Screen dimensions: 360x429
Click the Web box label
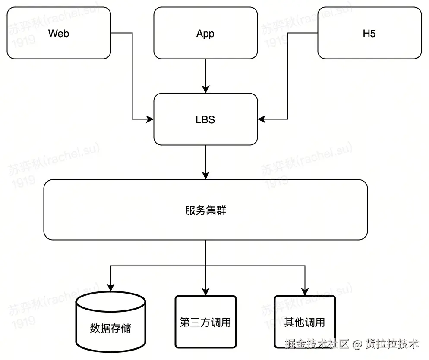coord(58,34)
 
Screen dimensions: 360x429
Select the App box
coord(205,34)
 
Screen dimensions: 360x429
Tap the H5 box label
coord(369,34)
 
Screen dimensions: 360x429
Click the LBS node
coord(205,119)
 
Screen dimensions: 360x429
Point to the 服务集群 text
coord(205,210)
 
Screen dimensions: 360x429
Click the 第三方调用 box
coord(205,322)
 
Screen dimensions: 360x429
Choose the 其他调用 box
coord(305,322)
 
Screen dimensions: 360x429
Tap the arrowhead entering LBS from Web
coord(150,119)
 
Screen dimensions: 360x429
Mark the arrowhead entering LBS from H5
coord(262,119)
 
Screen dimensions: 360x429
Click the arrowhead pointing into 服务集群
coord(206,175)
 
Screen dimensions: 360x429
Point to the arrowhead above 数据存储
coord(111,288)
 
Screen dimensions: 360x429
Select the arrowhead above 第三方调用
coord(206,291)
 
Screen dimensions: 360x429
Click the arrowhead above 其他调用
coord(305,291)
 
